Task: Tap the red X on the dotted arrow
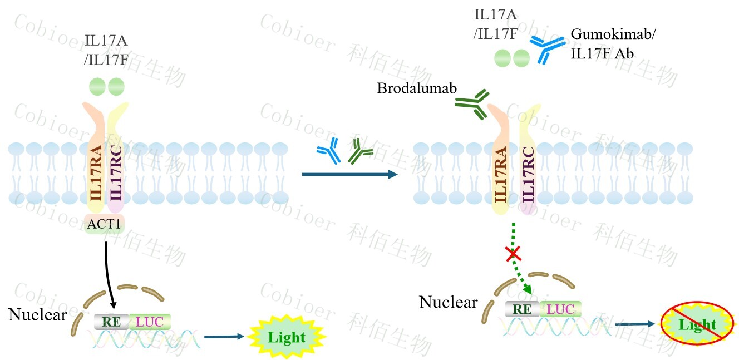point(513,255)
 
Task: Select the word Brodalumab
point(412,88)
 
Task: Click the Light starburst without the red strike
point(287,337)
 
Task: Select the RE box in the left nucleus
point(111,321)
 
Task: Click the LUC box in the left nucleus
point(150,321)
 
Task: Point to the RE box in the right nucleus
point(522,309)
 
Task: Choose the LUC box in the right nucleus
point(561,309)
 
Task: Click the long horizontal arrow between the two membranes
point(349,175)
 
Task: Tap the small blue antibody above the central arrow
point(329,151)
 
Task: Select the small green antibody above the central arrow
point(360,151)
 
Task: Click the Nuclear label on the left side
point(37,315)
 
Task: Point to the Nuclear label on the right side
point(448,302)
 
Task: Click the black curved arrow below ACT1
point(110,273)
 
